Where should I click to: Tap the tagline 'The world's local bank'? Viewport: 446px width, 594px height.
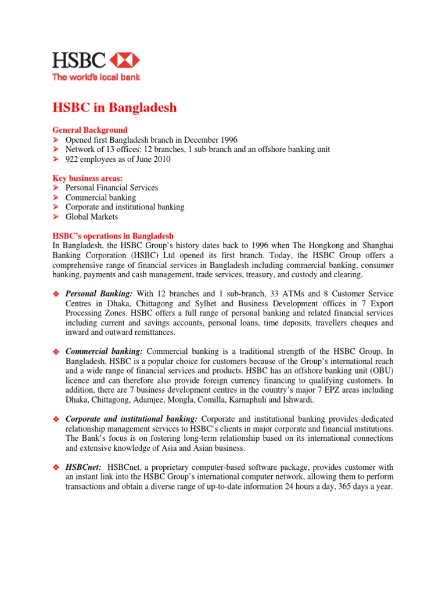tap(96, 77)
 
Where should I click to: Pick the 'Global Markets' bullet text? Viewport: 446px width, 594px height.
tap(91, 216)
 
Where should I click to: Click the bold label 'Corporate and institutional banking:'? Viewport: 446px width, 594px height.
tap(131, 418)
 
